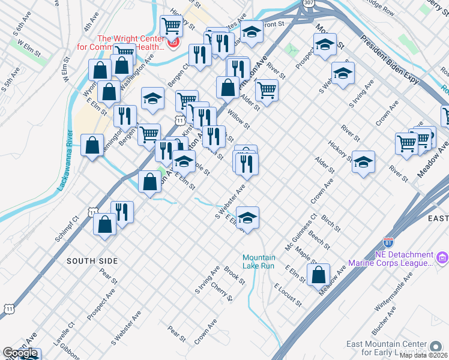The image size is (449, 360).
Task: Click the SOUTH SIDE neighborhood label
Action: coord(92,261)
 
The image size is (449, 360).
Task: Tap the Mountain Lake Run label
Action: coord(258,261)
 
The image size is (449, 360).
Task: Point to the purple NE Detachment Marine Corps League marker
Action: coord(442,258)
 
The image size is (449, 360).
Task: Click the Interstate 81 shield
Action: coord(388,242)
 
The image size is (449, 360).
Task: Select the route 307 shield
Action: coord(308,3)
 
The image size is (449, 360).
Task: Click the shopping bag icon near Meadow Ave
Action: coord(319,275)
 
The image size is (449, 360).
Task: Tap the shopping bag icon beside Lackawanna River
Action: coord(92,146)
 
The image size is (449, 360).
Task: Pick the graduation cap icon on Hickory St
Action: coord(363,162)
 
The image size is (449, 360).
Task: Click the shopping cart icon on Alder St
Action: coord(266,91)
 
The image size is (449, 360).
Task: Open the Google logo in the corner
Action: coord(20,353)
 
